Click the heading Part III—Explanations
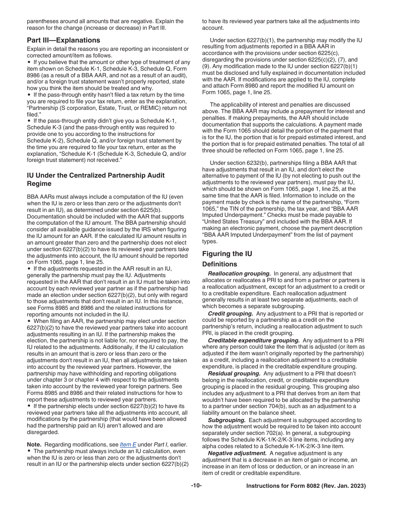[x=63, y=40]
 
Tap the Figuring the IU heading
[x=227, y=254]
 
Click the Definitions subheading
[x=219, y=264]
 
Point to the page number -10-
[x=196, y=486]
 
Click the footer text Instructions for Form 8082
[x=306, y=486]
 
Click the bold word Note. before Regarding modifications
[x=34, y=444]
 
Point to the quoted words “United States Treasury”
[x=227, y=221]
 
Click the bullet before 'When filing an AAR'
[x=29, y=321]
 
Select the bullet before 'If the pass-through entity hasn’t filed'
[x=29, y=95]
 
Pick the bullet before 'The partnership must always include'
[x=29, y=451]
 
